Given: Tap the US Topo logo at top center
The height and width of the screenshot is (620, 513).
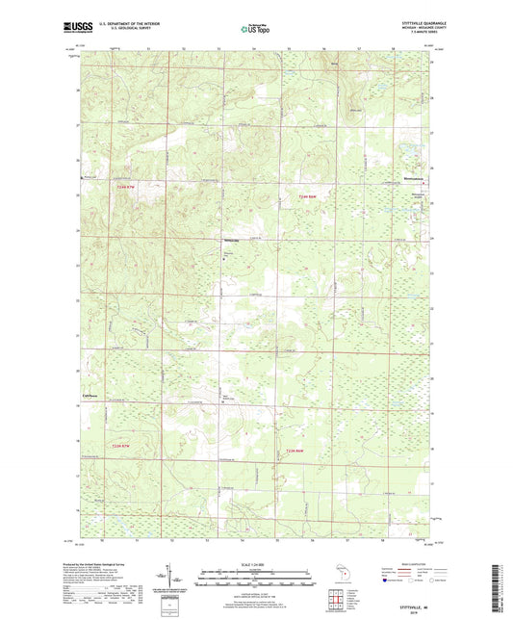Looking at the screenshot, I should pyautogui.click(x=255, y=30).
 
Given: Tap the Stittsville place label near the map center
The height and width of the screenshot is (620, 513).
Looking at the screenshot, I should pyautogui.click(x=231, y=240).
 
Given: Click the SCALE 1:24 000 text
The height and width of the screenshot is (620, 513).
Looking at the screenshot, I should pyautogui.click(x=255, y=563).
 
